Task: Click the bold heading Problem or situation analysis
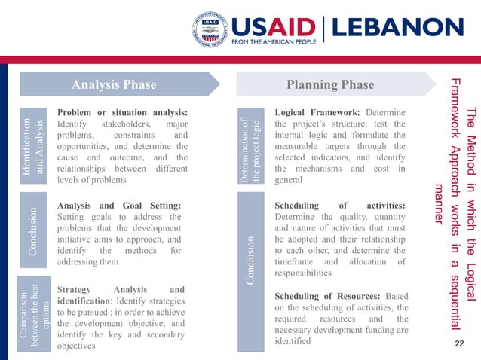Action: pyautogui.click(x=122, y=111)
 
